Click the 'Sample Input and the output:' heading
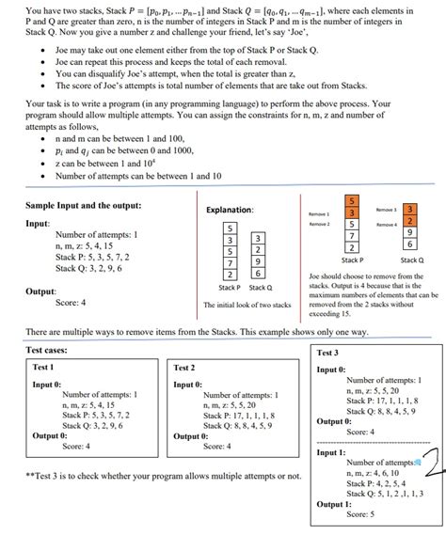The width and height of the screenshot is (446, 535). pyautogui.click(x=84, y=205)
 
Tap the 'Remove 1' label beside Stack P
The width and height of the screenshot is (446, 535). pyautogui.click(x=319, y=213)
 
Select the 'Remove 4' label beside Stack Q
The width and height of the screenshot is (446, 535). pyautogui.click(x=387, y=225)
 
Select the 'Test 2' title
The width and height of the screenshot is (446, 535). pyautogui.click(x=184, y=367)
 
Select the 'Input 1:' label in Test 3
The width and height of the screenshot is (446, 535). pyautogui.click(x=330, y=452)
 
